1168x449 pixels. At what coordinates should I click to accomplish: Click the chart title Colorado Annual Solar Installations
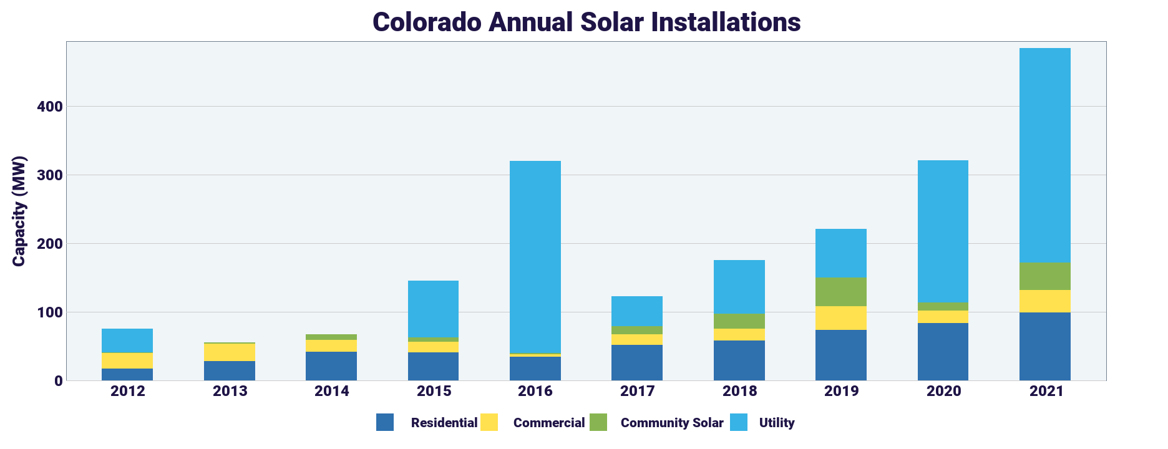586,22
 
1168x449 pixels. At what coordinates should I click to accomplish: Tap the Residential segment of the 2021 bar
1044,346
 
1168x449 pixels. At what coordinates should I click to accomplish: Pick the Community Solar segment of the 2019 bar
840,292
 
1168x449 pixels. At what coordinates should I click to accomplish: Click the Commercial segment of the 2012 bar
127,360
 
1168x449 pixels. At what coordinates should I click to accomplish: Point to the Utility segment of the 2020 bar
943,231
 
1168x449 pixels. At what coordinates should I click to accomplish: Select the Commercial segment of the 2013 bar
230,352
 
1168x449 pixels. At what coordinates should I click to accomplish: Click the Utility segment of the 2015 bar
433,309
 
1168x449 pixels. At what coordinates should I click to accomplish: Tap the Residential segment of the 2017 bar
636,362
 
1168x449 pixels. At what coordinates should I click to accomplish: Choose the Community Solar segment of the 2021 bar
1044,276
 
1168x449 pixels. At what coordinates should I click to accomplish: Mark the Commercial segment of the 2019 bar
840,318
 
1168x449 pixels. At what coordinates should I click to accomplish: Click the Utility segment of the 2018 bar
739,287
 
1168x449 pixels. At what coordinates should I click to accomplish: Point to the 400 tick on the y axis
50,107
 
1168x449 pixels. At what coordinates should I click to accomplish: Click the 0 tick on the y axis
59,380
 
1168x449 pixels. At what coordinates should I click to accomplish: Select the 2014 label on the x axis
331,392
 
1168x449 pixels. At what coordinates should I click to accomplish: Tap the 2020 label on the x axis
943,392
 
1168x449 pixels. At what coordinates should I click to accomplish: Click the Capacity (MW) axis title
19,211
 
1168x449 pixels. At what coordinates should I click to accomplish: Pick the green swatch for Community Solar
598,422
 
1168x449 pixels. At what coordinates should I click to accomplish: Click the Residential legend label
444,423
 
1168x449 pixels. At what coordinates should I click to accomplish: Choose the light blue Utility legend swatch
739,422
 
